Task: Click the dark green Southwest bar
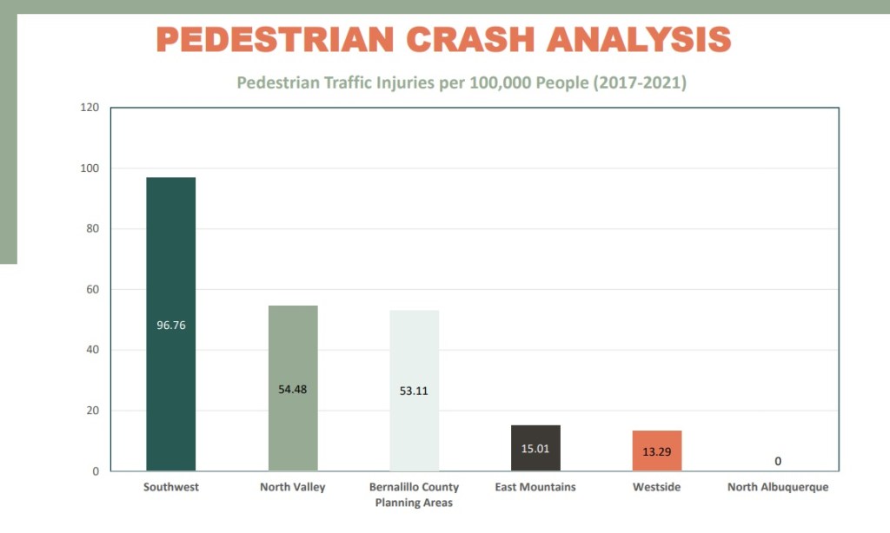(x=170, y=260)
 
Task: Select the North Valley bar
(x=293, y=347)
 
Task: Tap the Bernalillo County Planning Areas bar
(x=414, y=347)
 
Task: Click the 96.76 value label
(x=170, y=326)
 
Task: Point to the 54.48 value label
(x=293, y=389)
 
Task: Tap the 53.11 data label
(x=414, y=391)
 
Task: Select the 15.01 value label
(x=535, y=450)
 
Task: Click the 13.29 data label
(x=657, y=451)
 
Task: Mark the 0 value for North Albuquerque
(x=778, y=461)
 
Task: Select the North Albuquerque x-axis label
(x=778, y=487)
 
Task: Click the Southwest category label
(x=171, y=487)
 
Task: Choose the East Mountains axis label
(x=535, y=487)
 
